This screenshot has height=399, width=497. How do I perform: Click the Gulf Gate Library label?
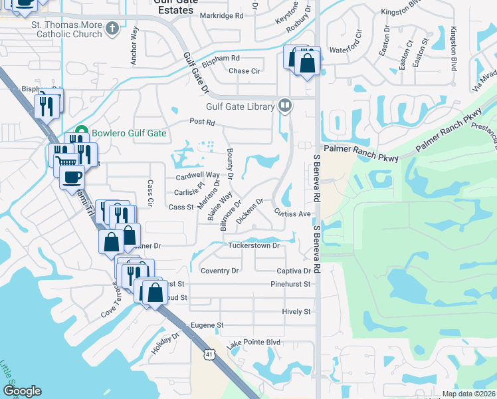point(241,106)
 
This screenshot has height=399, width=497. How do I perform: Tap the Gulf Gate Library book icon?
point(285,105)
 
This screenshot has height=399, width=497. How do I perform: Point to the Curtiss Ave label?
point(293,213)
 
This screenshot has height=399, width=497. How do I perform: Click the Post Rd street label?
point(203,122)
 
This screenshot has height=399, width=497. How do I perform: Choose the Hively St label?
point(296,311)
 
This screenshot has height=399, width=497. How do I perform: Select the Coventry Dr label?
point(219,271)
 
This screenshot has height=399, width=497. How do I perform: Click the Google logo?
point(22,391)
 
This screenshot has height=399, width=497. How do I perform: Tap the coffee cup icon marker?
point(72,178)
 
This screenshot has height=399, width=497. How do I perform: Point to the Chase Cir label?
point(244,70)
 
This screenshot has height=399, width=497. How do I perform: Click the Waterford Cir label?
point(345,49)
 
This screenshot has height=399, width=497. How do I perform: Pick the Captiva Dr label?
point(294,271)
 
